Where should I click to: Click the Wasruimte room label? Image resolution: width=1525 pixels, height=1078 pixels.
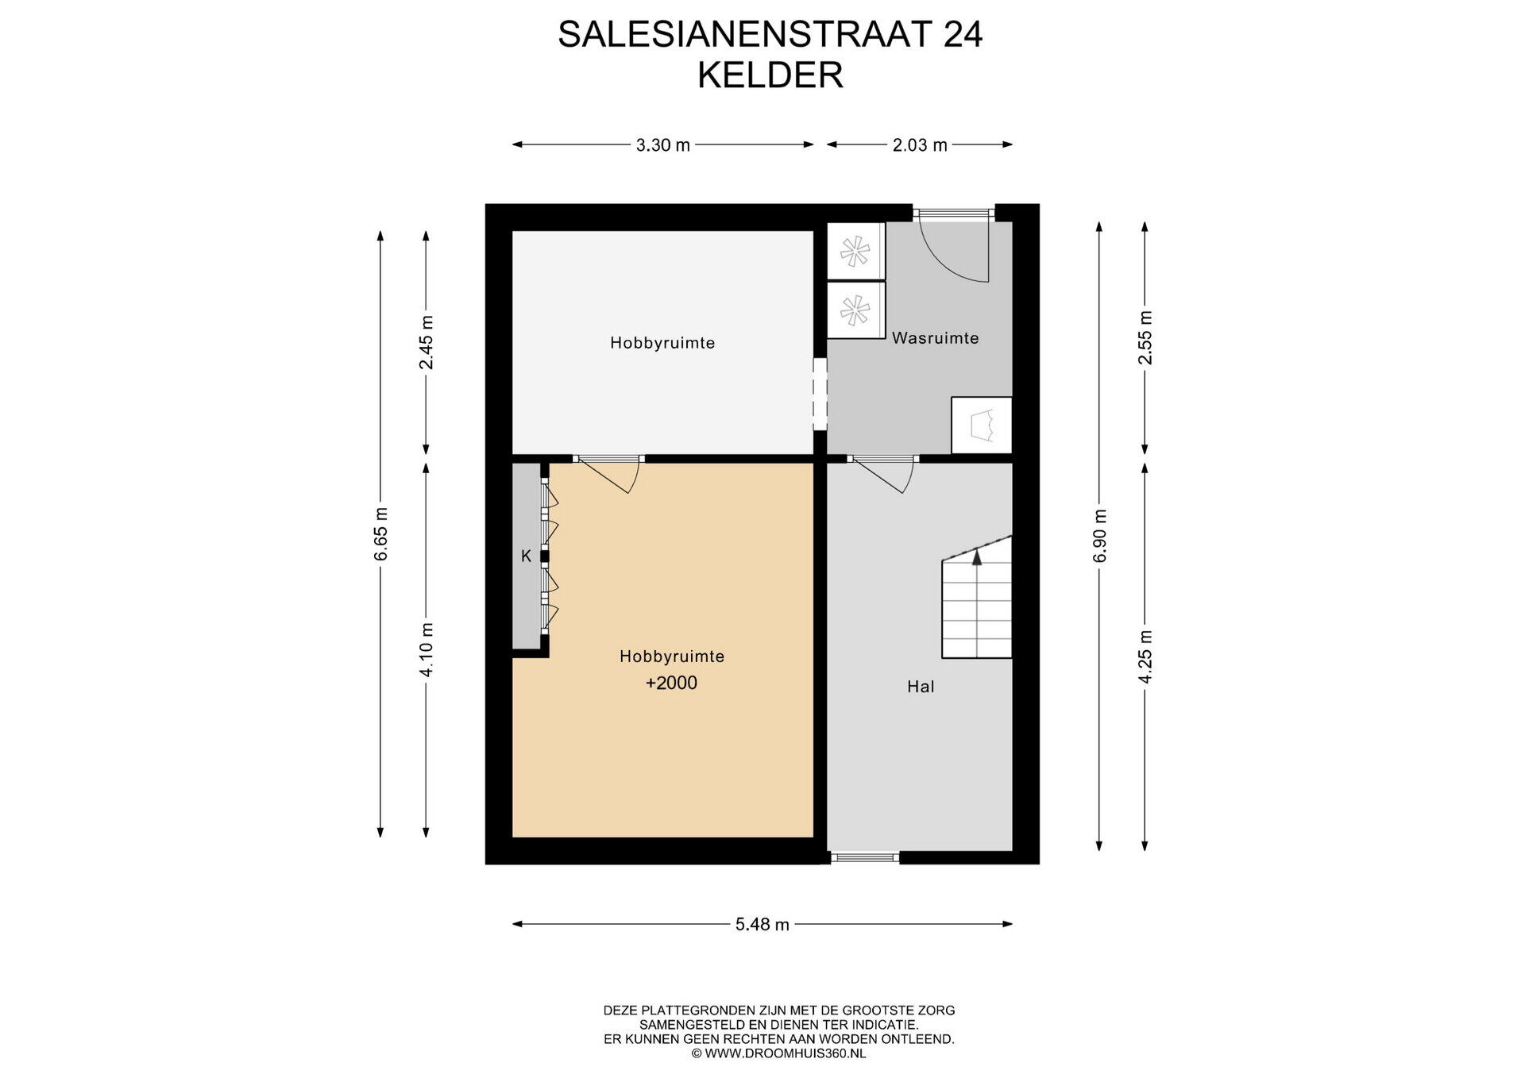[935, 338]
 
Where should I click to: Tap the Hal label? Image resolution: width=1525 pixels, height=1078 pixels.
[921, 687]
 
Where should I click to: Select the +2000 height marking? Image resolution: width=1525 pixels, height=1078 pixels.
[671, 683]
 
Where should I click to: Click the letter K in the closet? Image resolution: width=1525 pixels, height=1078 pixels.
[526, 556]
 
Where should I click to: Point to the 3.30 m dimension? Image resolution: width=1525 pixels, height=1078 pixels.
[663, 144]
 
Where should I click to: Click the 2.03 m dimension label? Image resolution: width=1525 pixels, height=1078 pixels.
[920, 144]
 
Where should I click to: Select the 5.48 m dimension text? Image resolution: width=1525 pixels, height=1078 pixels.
[762, 924]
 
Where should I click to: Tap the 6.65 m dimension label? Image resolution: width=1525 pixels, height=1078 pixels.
[381, 533]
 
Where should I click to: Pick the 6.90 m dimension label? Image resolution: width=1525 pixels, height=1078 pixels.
[1100, 536]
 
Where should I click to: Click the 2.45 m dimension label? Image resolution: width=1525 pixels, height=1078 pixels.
[427, 342]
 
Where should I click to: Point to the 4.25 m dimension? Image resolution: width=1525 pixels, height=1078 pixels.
[1145, 656]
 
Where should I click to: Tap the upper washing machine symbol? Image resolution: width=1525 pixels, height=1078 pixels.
[855, 251]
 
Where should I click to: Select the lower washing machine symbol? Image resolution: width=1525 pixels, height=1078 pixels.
[855, 310]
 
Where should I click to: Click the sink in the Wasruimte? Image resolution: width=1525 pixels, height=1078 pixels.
[982, 425]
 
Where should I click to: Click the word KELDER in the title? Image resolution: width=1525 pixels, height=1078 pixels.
[770, 75]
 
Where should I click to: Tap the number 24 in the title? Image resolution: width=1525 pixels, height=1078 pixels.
[963, 34]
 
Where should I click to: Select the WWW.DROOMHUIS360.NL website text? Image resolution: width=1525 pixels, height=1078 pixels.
[785, 1053]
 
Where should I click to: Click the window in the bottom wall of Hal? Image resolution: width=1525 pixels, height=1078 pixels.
[865, 857]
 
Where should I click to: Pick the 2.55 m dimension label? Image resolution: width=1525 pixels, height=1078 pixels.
[1145, 337]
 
